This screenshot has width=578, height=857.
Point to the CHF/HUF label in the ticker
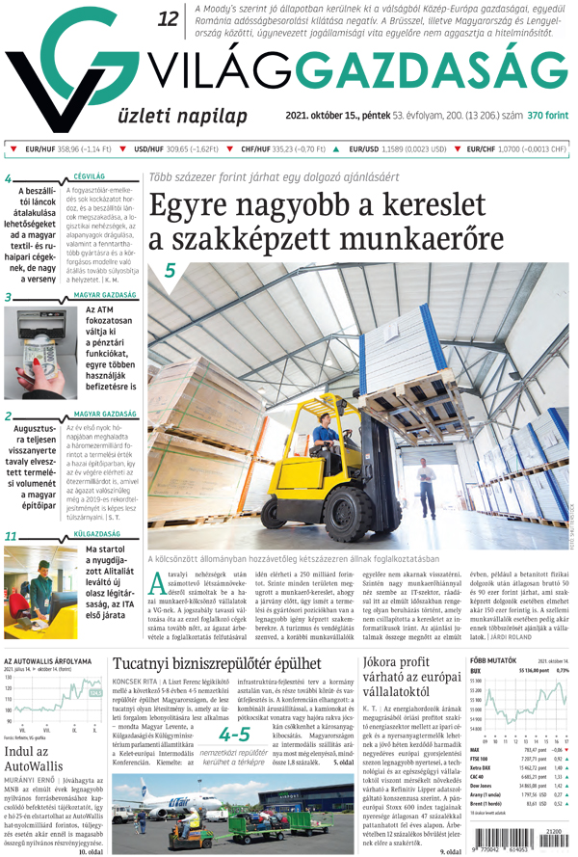click(x=255, y=150)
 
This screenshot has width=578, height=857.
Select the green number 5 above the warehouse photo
click(x=170, y=272)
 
